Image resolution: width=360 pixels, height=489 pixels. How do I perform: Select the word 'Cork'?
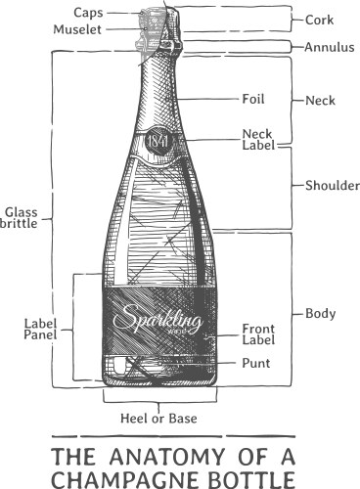pyautogui.click(x=320, y=19)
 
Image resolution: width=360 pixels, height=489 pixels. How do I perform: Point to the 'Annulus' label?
pyautogui.click(x=329, y=46)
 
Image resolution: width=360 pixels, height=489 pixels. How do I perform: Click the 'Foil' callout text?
pyautogui.click(x=252, y=98)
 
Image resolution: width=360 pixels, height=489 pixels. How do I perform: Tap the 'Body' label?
pyautogui.click(x=321, y=314)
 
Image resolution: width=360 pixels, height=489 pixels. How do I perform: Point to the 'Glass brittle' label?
pyautogui.click(x=22, y=216)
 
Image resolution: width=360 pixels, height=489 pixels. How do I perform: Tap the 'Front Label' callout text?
pyautogui.click(x=259, y=333)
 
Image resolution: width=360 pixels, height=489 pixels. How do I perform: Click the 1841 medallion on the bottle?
pyautogui.click(x=158, y=142)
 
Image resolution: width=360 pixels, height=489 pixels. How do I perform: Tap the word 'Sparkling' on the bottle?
pyautogui.click(x=157, y=319)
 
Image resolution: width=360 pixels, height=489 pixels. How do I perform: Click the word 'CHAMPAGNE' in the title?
pyautogui.click(x=130, y=479)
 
